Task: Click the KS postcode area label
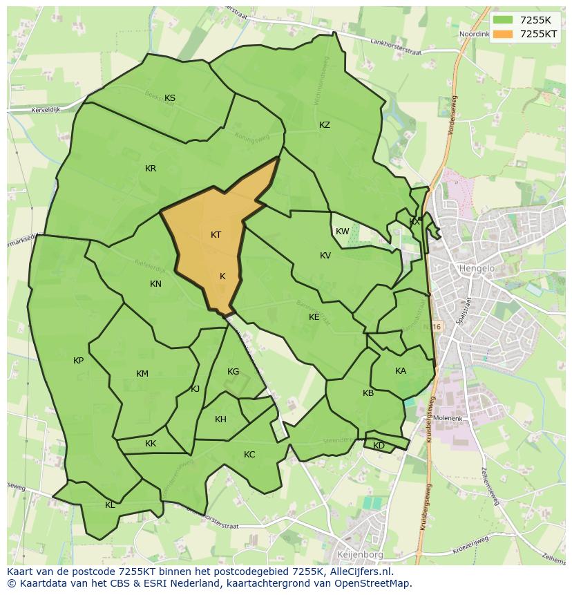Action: [170, 98]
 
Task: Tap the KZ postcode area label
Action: [325, 125]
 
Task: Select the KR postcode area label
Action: [151, 169]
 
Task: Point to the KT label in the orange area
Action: [216, 235]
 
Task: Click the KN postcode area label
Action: [155, 284]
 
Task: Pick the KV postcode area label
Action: [325, 256]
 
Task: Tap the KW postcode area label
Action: [343, 232]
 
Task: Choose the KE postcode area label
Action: [314, 317]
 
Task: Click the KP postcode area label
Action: [78, 361]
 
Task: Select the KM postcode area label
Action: [142, 374]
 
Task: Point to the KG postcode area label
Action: [233, 372]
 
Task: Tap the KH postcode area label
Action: [220, 419]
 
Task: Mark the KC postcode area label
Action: [249, 455]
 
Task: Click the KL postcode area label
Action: [110, 505]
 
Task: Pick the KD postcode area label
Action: [379, 446]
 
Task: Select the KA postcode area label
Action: [401, 371]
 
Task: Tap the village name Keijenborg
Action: [360, 554]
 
